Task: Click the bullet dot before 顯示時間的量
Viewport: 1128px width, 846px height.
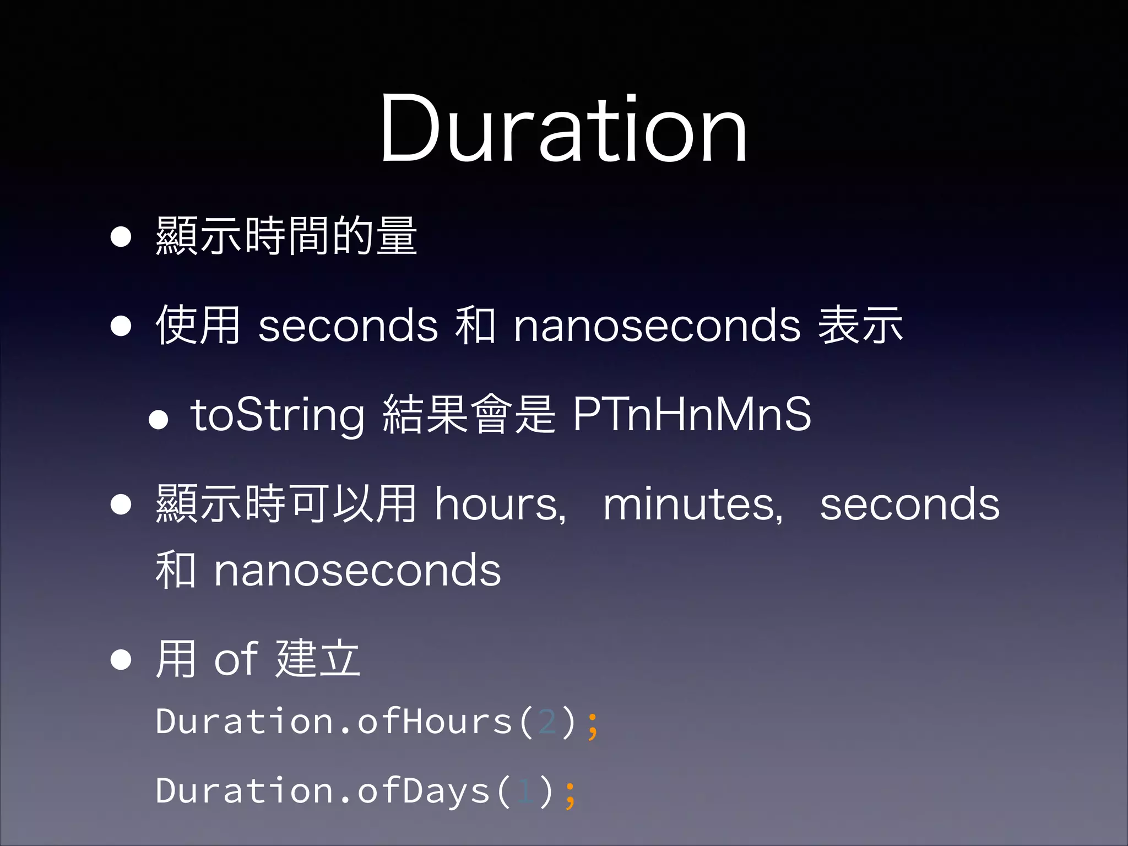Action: [121, 237]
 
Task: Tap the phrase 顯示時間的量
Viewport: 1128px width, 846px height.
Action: [286, 236]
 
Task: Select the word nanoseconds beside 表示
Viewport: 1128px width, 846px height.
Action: [657, 326]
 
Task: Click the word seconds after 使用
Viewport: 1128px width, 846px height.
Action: [348, 326]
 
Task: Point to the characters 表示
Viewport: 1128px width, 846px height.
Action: [860, 325]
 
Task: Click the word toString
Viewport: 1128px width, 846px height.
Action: [276, 415]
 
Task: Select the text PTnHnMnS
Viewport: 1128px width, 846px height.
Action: [692, 414]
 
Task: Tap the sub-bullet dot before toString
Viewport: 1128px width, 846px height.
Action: [158, 420]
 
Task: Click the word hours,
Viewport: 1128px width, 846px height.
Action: [500, 505]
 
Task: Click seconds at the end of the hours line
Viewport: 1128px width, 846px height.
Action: [909, 505]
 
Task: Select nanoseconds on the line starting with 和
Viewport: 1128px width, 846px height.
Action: [357, 571]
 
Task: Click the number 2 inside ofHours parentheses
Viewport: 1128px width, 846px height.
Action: [547, 722]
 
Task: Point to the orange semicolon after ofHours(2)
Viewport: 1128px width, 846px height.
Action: [592, 725]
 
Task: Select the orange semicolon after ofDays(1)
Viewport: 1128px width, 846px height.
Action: [570, 794]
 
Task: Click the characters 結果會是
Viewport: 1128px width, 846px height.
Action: [469, 414]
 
